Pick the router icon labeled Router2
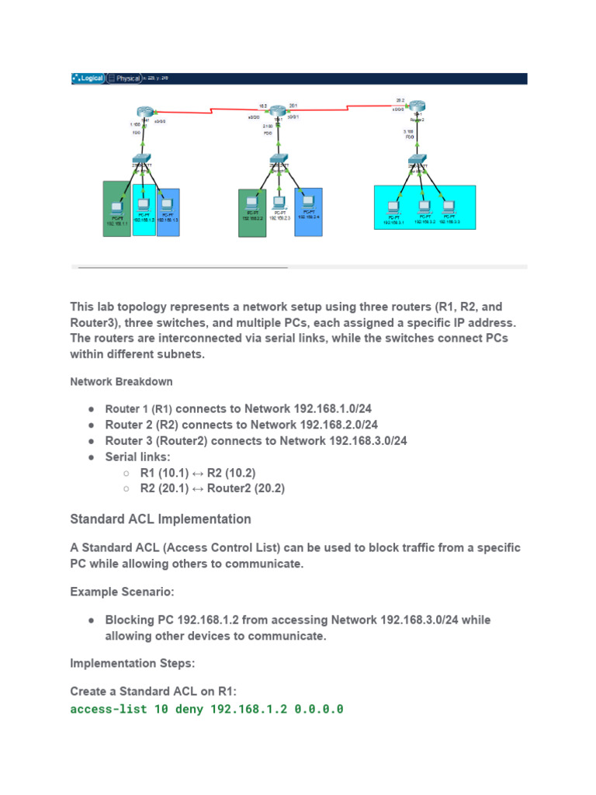pyautogui.click(x=418, y=106)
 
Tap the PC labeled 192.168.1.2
pyautogui.click(x=143, y=206)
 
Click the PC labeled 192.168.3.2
pyautogui.click(x=424, y=207)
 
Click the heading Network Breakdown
pyautogui.click(x=121, y=382)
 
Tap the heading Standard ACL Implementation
pyautogui.click(x=161, y=519)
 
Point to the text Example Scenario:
pyautogui.click(x=122, y=592)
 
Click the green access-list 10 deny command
pyautogui.click(x=206, y=710)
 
